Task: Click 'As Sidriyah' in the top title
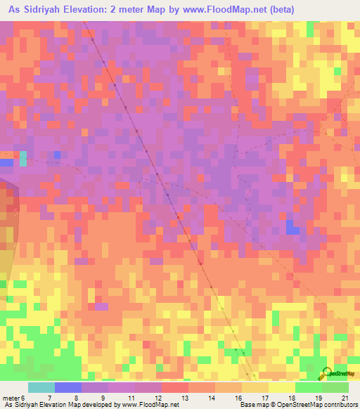tap(33, 10)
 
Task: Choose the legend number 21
tap(345, 399)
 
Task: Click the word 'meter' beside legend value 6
tap(11, 399)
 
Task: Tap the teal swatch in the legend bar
tap(41, 387)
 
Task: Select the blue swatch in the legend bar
tap(68, 387)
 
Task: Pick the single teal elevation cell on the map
tap(23, 158)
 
